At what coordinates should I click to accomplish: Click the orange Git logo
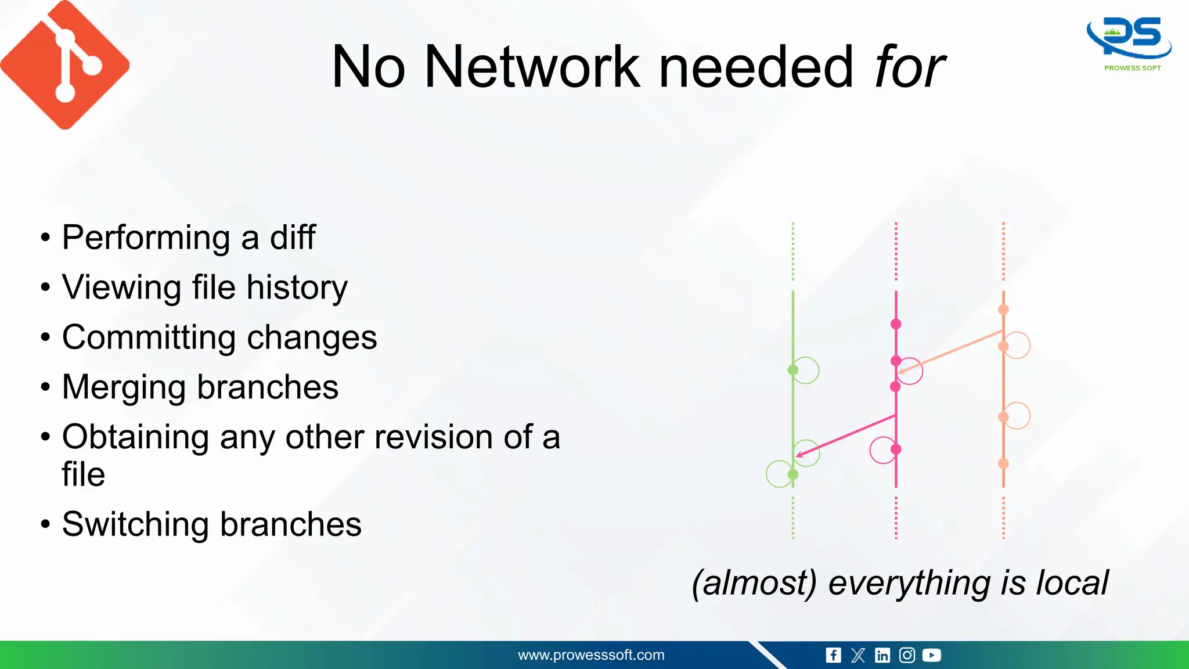coord(65,65)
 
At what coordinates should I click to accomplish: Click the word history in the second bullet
coord(297,287)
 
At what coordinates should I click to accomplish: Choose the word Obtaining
coord(135,437)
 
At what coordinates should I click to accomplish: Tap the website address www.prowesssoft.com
coord(591,655)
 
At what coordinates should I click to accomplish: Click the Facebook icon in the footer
coord(833,656)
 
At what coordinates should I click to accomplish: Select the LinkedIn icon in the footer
coord(882,656)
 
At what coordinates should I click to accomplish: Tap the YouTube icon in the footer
coord(931,656)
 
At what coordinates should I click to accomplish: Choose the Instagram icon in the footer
coord(907,656)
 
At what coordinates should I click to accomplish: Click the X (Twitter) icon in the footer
coord(858,656)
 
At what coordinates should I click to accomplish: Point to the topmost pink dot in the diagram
coord(896,324)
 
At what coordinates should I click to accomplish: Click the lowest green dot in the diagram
coord(792,474)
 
